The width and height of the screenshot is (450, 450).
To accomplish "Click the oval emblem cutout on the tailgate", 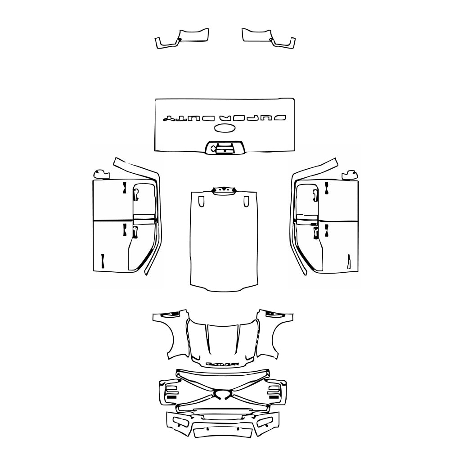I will (225, 129).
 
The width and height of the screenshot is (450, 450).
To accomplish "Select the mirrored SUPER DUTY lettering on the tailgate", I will (225, 118).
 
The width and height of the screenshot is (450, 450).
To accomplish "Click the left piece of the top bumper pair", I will (182, 39).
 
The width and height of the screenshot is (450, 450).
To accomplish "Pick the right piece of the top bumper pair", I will (268, 39).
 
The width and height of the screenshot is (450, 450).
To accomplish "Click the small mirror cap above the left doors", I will (101, 174).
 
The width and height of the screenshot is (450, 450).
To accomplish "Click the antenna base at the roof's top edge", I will (224, 190).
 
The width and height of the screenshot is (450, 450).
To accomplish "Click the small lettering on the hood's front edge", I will (222, 363).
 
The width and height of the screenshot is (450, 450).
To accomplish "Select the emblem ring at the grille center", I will (224, 395).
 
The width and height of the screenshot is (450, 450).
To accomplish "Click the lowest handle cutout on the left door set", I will (103, 261).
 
